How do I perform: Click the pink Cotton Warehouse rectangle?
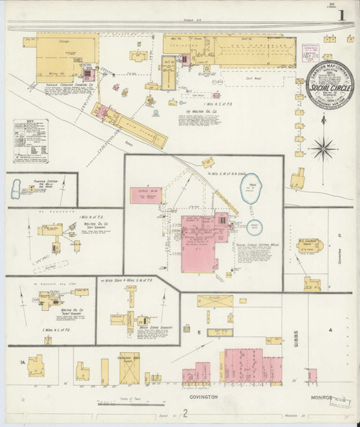pos(147,194)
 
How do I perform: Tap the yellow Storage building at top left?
pos(58,53)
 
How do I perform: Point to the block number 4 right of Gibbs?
pos(330,330)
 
